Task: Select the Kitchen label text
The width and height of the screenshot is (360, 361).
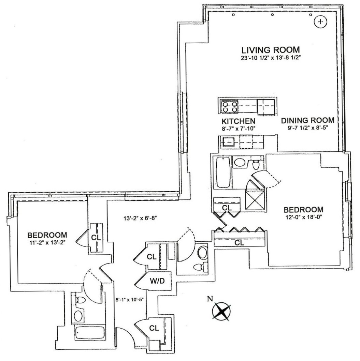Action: (x=238, y=121)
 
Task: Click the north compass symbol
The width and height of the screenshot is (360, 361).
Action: (x=221, y=311)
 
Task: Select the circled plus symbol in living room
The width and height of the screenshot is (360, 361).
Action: (x=320, y=22)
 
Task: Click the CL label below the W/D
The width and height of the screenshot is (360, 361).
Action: (x=154, y=328)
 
